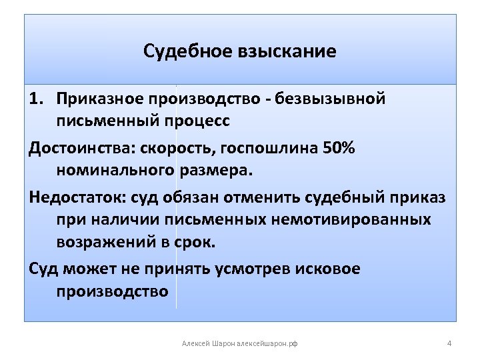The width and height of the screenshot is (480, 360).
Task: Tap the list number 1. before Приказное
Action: point(37,99)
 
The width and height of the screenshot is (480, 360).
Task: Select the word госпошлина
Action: point(264,147)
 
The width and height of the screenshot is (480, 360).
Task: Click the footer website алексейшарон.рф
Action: point(267,343)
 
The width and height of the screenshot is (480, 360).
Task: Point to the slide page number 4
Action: point(449,343)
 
